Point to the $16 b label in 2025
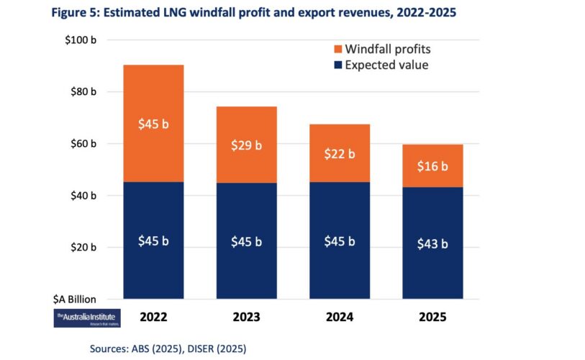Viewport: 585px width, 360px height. point(432,166)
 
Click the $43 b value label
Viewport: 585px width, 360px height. point(432,243)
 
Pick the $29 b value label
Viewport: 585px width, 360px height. point(246,145)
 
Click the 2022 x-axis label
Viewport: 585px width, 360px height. point(153,316)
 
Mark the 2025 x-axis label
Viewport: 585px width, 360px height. point(432,316)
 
